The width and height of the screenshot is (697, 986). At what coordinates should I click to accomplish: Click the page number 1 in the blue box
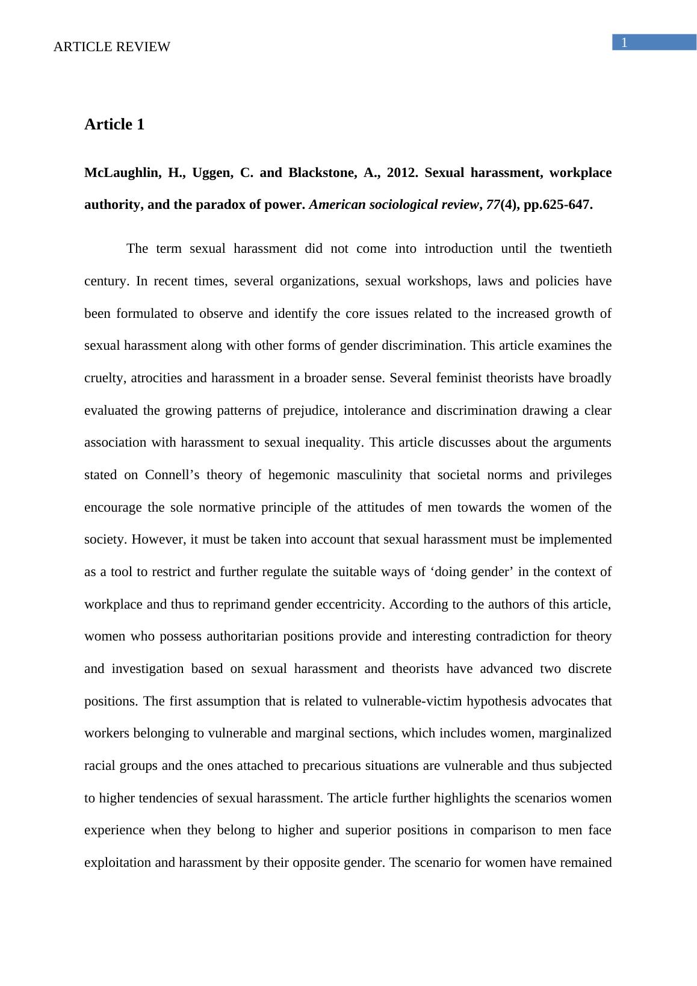[x=625, y=43]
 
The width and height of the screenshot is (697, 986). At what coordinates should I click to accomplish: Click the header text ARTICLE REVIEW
[x=112, y=47]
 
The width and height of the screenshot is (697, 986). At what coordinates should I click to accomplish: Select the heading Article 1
[x=114, y=125]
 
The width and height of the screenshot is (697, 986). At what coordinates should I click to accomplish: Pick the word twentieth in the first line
[x=585, y=249]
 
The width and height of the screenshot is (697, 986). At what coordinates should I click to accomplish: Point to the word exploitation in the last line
[x=117, y=863]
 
